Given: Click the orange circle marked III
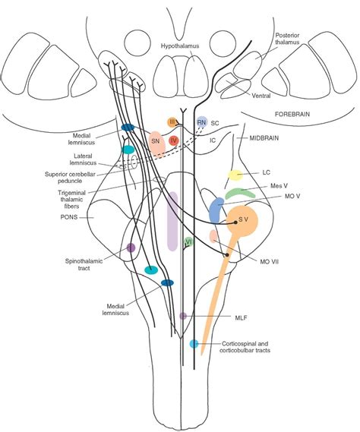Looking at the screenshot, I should [x=172, y=122].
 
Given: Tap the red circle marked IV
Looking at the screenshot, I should [x=174, y=140].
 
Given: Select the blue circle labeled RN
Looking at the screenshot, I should [x=201, y=122].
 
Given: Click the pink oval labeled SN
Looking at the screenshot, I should [x=156, y=143].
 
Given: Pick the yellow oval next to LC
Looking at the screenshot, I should [x=235, y=175].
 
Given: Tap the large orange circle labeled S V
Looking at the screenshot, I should [x=242, y=221].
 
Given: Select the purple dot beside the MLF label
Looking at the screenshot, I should [x=183, y=315].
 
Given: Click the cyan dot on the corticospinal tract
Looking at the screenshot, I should [x=194, y=344].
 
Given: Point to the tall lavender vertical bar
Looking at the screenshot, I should [x=172, y=220].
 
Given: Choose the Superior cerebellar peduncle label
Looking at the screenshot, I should [x=76, y=177].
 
